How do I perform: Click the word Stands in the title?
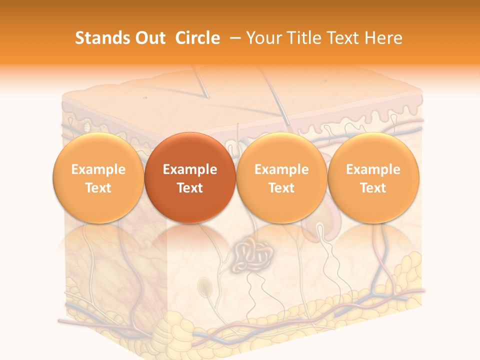point(100,38)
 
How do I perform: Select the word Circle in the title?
point(197,38)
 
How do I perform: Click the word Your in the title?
point(263,38)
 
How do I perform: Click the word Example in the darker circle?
point(190,169)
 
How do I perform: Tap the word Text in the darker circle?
point(190,188)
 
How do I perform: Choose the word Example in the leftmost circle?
point(98,169)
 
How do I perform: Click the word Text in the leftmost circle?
point(98,188)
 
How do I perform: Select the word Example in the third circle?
point(281,169)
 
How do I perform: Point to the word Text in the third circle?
point(281,188)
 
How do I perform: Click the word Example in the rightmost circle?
point(373,169)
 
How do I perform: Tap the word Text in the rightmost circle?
point(373,188)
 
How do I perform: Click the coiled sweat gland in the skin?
point(252,255)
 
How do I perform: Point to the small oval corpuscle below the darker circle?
point(204,286)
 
